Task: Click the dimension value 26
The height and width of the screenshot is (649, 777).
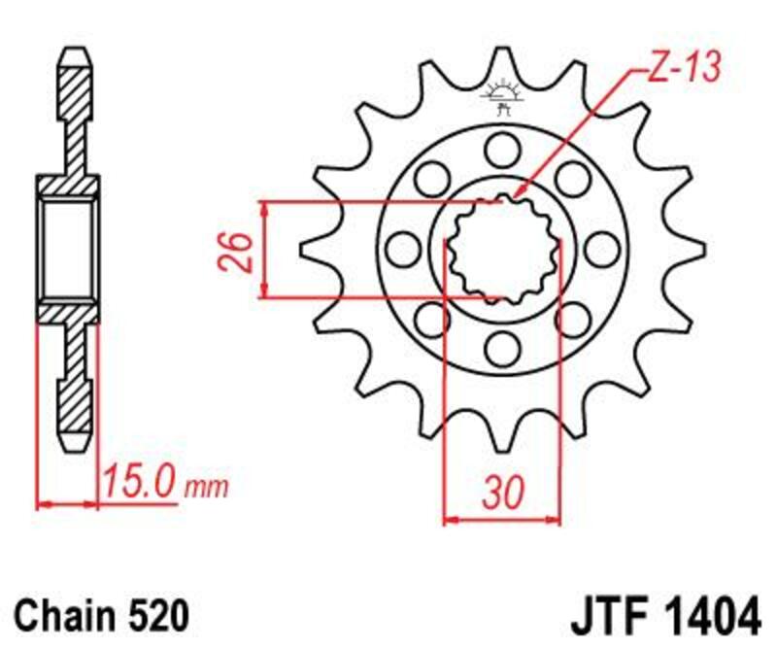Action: coord(243,250)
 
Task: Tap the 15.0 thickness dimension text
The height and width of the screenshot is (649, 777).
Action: coord(138,483)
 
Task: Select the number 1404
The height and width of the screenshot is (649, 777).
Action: coord(704,615)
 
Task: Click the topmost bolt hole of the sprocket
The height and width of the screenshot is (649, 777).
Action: coord(502,149)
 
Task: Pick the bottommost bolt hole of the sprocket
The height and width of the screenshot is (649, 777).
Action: coord(502,347)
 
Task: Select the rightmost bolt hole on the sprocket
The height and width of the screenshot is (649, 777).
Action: coord(603,250)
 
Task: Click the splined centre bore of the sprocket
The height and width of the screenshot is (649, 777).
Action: coord(502,250)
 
